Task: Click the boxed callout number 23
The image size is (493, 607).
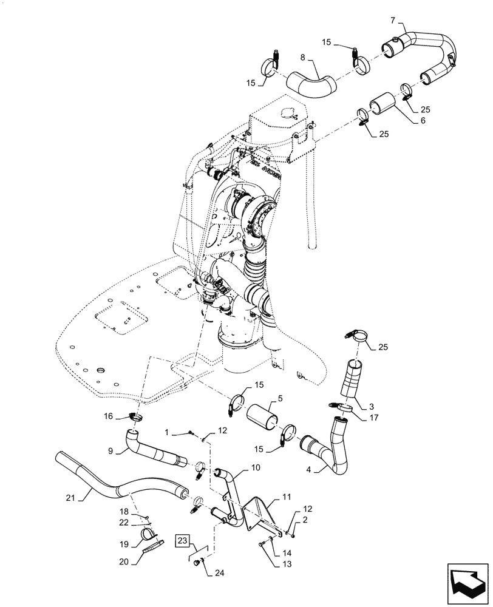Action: point(184,540)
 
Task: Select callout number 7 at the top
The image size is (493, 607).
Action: point(393,21)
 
